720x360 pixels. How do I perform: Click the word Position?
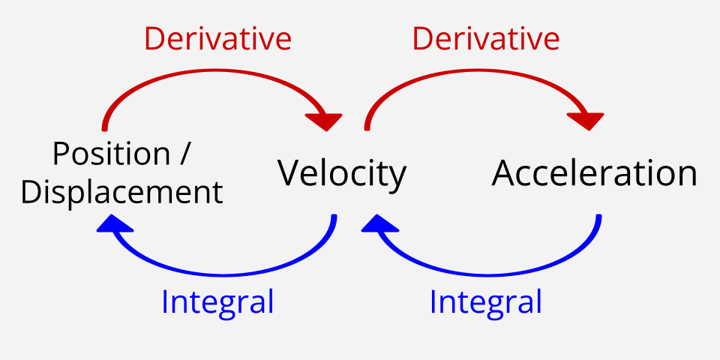point(112,154)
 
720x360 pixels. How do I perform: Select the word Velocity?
point(342,174)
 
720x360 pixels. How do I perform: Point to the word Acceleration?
point(594,173)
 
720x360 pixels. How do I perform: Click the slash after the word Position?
point(184,154)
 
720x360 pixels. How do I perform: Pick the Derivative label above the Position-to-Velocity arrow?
point(218,38)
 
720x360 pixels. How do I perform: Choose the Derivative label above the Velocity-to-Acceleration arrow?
point(486,38)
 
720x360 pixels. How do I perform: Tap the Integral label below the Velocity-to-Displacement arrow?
point(217,301)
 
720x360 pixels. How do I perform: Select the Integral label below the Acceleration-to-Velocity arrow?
point(486,301)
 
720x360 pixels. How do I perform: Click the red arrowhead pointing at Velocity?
point(325,120)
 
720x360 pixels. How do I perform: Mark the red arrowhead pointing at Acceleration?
point(586,120)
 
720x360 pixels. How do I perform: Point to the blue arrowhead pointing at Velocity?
point(379,223)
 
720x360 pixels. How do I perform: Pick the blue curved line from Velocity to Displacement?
point(225,275)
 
